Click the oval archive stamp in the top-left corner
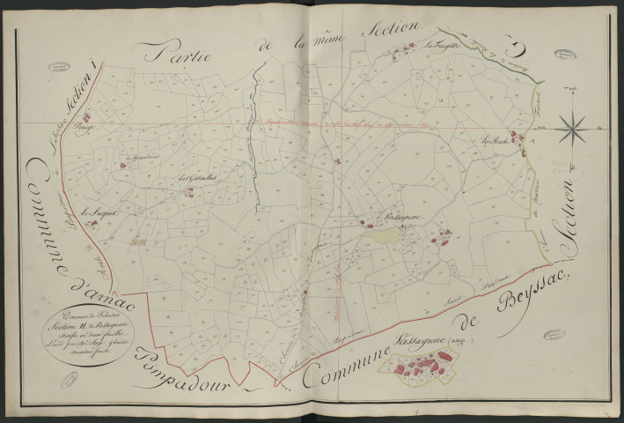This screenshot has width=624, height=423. pyautogui.click(x=60, y=67)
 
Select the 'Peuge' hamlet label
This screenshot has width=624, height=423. pyautogui.click(x=110, y=128)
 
